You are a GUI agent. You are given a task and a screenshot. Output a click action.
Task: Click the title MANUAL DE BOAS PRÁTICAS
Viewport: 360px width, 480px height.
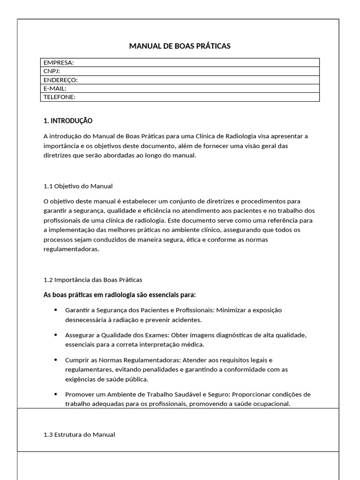[x=180, y=46]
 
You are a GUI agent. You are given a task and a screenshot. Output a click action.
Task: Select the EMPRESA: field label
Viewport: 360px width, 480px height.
[x=59, y=62]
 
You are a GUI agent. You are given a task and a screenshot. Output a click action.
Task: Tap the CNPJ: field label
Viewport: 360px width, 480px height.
[x=52, y=71]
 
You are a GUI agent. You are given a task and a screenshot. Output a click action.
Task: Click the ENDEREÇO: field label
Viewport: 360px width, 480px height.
[x=60, y=80]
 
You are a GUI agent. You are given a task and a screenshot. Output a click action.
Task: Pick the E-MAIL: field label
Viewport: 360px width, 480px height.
[x=55, y=88]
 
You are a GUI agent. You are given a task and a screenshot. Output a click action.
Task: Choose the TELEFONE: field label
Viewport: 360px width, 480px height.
[x=60, y=97]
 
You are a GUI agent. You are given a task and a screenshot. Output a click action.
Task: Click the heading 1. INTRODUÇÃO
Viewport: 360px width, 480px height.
[x=68, y=121]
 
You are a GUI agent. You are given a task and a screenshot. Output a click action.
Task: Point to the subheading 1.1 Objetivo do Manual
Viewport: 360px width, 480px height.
[x=78, y=186]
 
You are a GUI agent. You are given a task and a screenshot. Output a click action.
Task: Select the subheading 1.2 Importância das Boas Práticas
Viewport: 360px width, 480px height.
[x=93, y=280]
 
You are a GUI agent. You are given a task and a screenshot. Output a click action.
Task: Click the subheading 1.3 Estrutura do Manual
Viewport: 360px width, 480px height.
[x=79, y=435]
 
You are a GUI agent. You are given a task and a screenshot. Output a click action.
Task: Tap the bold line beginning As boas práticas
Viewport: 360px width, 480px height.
[x=120, y=295]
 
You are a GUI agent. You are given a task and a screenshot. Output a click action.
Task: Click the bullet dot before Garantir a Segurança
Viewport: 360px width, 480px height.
[x=56, y=310]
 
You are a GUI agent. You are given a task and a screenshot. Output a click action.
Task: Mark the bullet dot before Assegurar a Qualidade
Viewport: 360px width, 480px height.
[x=56, y=335]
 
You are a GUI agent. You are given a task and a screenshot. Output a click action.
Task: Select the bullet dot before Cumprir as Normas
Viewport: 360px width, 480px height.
[x=56, y=360]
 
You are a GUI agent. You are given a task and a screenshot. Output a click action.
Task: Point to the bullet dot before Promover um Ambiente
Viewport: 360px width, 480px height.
[x=56, y=394]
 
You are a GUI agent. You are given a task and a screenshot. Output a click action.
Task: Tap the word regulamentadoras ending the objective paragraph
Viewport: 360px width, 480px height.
[x=71, y=249]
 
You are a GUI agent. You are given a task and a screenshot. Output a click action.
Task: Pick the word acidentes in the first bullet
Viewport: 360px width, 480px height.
[x=187, y=320]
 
